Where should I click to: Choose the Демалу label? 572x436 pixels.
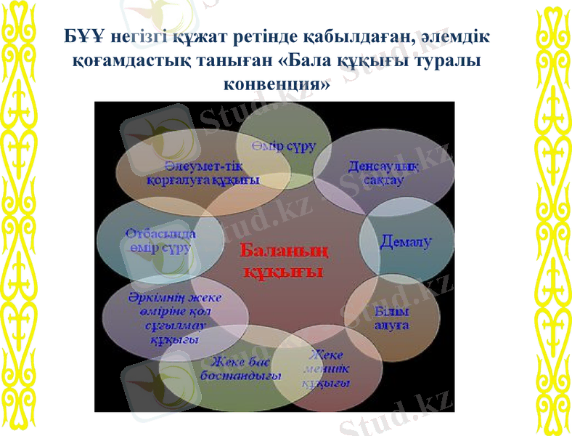(406, 242)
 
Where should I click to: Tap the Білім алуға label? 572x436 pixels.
(391, 318)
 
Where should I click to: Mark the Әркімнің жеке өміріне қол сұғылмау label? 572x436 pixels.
(163, 319)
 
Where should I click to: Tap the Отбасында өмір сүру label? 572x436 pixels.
(158, 241)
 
